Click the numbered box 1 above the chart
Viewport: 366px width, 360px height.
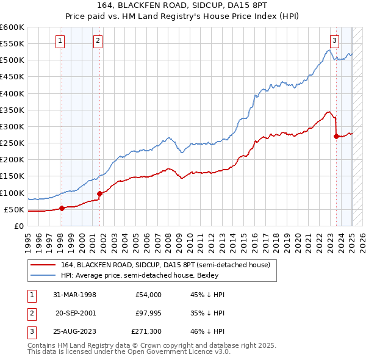point(60,41)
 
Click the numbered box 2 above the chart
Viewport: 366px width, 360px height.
point(98,41)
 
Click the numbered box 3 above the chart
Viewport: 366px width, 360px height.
point(335,41)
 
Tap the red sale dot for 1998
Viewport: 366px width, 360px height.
point(62,208)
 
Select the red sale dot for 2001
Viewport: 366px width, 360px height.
point(99,193)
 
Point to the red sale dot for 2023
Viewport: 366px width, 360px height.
point(336,136)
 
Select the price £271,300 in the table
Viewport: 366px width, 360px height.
point(146,331)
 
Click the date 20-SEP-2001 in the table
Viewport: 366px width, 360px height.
point(76,313)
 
